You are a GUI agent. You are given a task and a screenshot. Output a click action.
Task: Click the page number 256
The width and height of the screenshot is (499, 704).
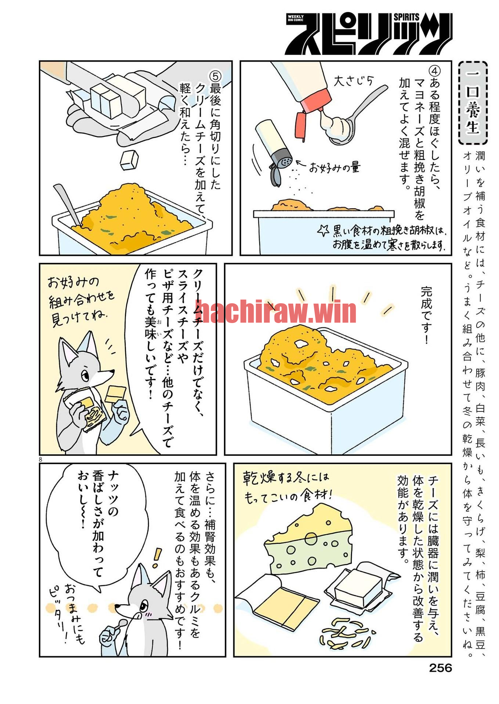click(440, 668)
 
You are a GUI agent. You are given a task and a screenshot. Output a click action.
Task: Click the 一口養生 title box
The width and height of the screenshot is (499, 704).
click(473, 103)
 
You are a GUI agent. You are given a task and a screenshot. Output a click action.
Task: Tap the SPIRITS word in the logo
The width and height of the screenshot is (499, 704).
click(406, 17)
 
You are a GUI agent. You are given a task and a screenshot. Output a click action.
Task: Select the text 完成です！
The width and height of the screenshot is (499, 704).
click(426, 315)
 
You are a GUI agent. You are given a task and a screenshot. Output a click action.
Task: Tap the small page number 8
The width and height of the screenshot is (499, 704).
click(40, 459)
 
